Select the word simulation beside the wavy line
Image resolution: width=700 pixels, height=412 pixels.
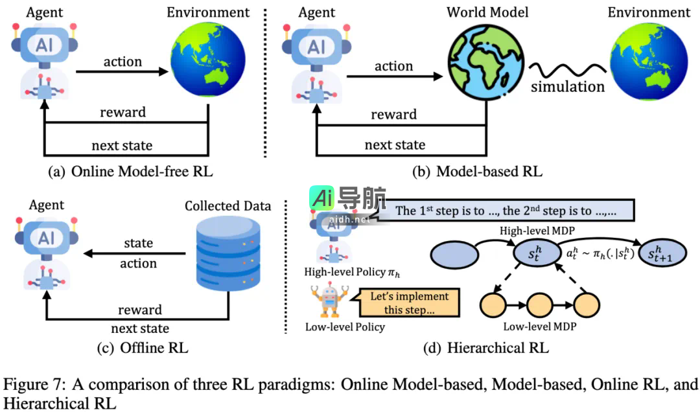(x=568, y=87)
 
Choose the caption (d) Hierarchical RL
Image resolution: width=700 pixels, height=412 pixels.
(x=485, y=348)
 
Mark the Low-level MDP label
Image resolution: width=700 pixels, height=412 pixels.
(x=539, y=329)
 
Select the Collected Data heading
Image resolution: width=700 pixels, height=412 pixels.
(x=227, y=207)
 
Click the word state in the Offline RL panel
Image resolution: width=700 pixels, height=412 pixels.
(x=138, y=244)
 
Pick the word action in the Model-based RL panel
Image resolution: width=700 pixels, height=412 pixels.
(x=393, y=66)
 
